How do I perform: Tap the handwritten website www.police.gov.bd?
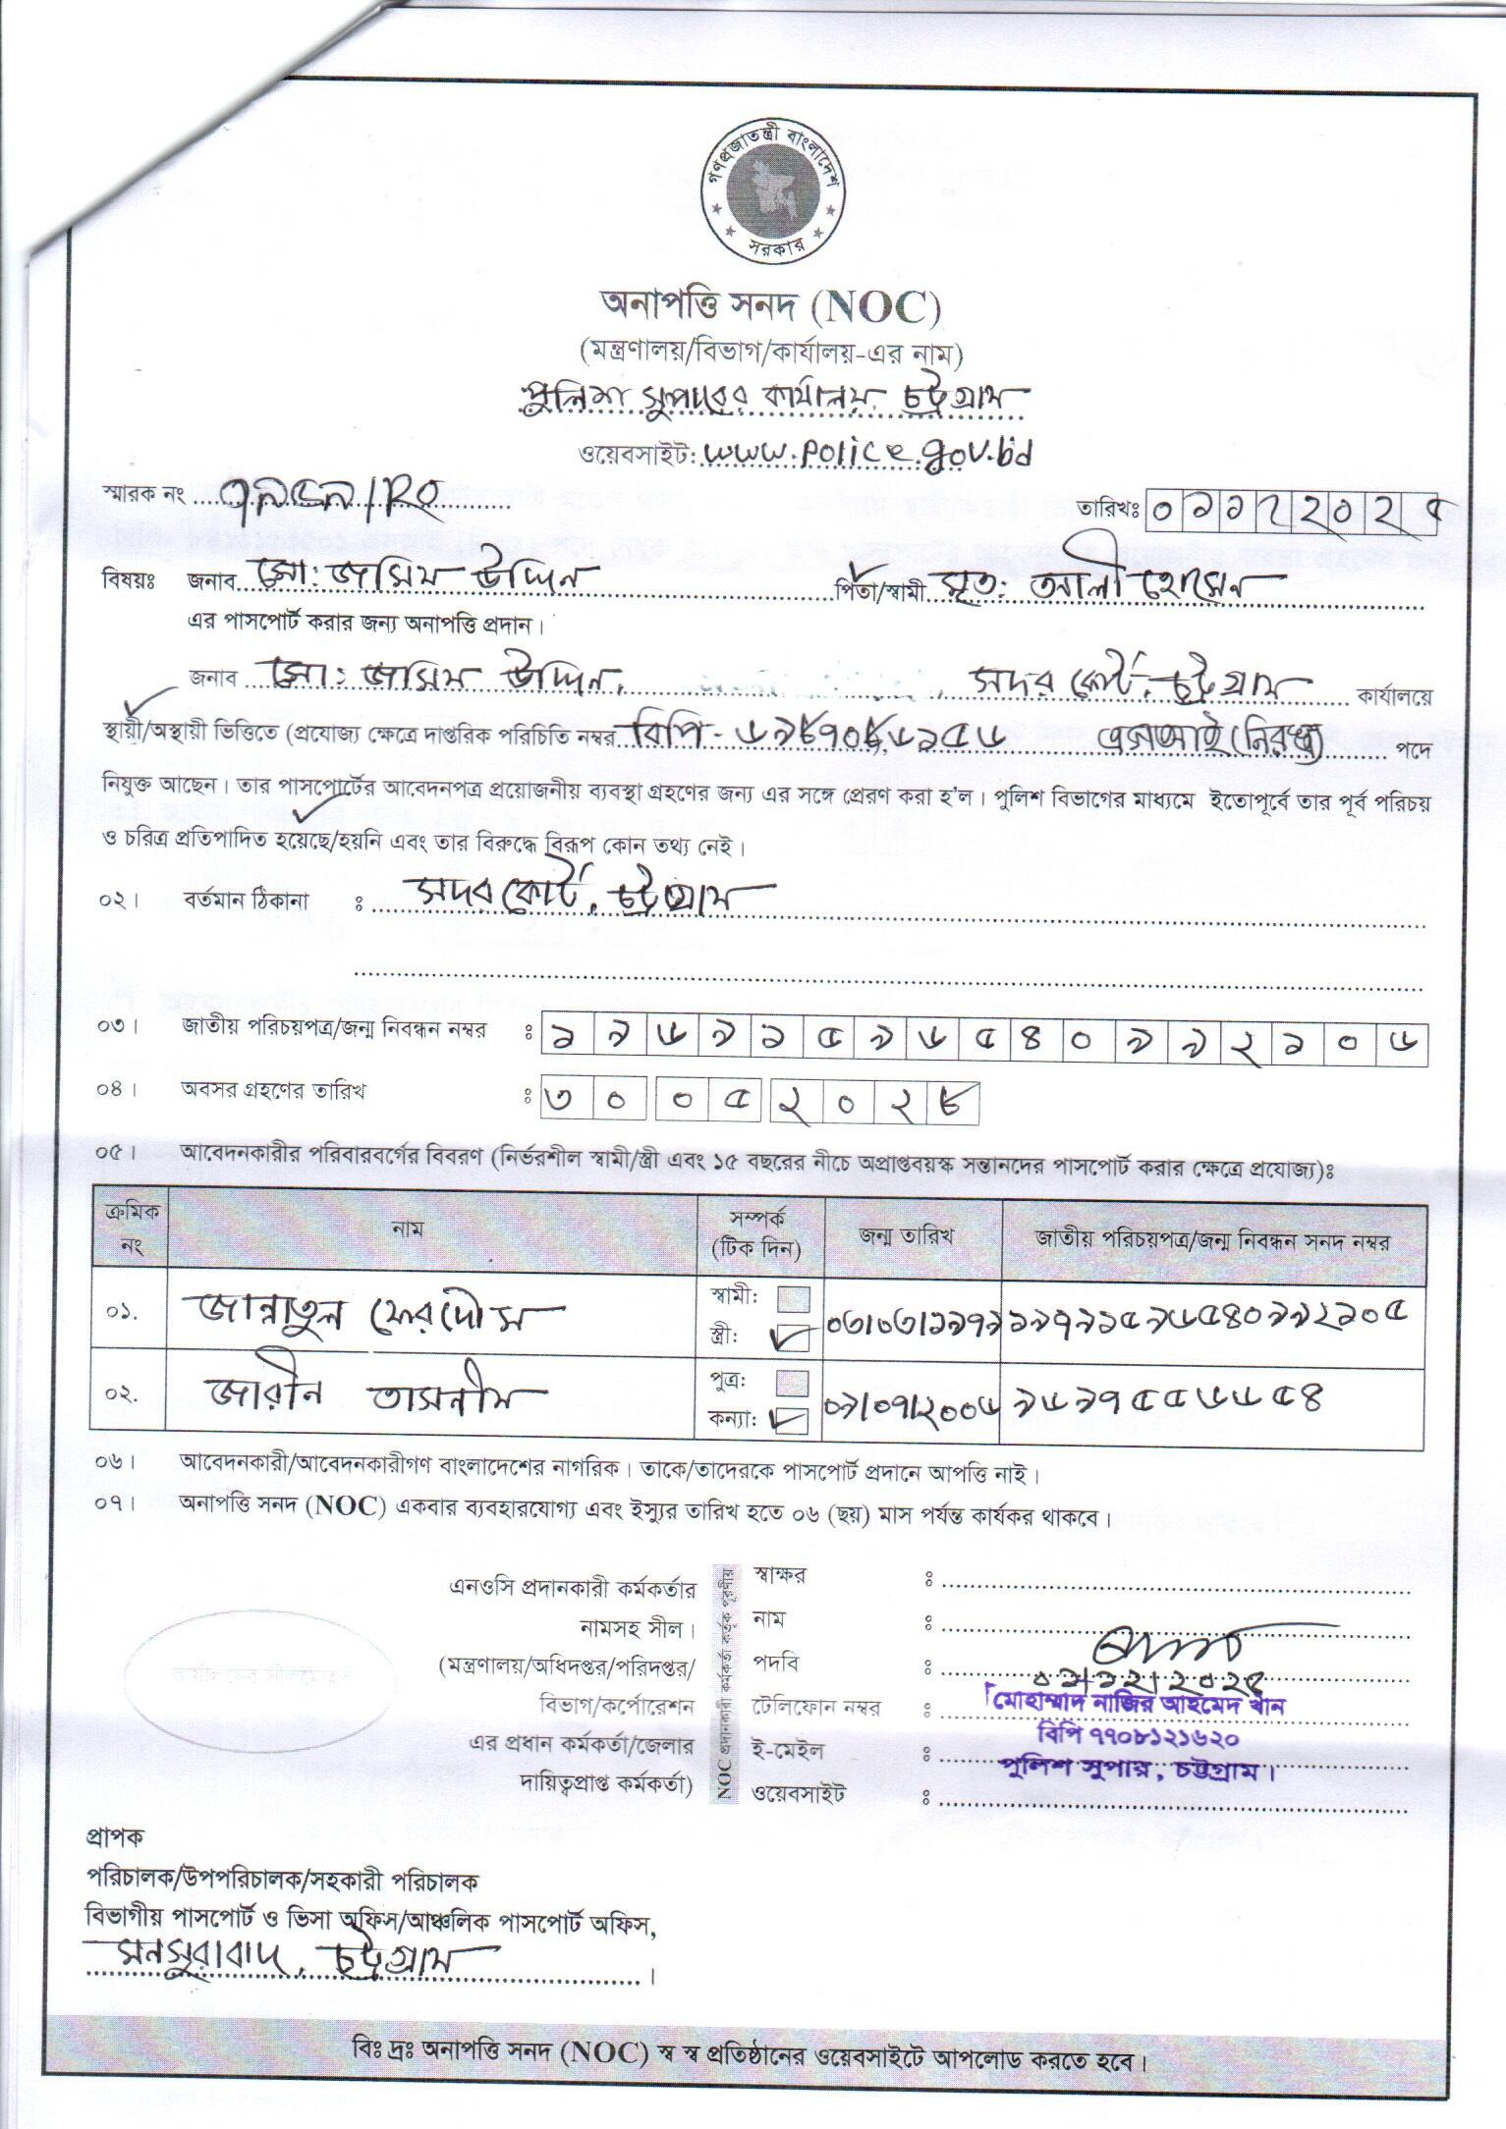tap(868, 454)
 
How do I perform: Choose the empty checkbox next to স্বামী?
tap(794, 1299)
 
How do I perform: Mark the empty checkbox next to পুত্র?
tap(794, 1383)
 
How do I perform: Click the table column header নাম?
tap(406, 1229)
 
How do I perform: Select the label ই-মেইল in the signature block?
tap(788, 1750)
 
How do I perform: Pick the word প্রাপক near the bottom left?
tap(115, 1835)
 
